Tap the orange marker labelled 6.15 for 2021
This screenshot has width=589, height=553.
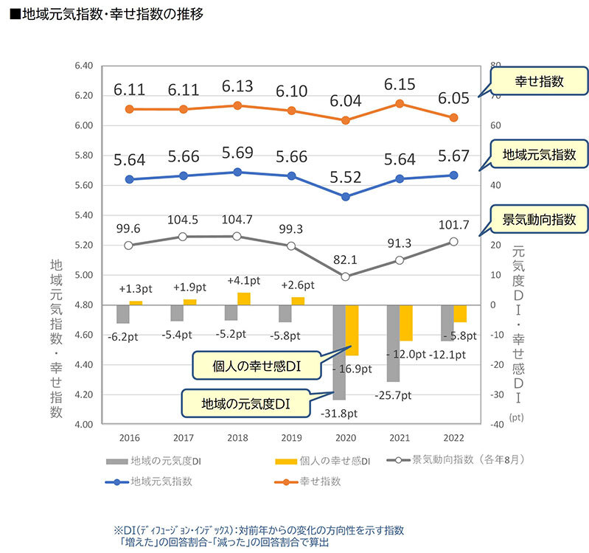pos(400,103)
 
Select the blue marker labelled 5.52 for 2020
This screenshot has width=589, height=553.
pos(346,197)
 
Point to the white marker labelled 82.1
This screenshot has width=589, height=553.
pos(346,276)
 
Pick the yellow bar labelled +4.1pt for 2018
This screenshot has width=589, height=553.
pos(244,299)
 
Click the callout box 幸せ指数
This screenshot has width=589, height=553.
pos(540,82)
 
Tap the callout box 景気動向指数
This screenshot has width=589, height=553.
pos(540,219)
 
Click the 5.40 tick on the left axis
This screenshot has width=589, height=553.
pos(83,215)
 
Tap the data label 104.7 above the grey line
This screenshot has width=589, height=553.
pos(237,220)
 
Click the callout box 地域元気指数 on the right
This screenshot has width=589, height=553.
pos(540,155)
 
